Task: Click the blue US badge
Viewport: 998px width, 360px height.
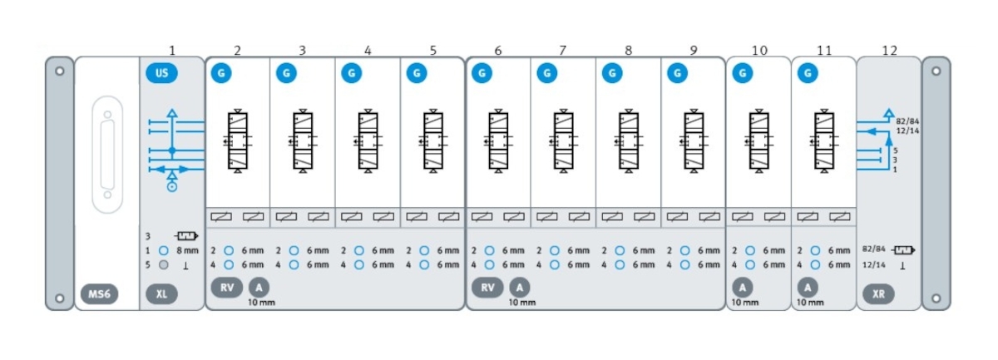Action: tap(162, 73)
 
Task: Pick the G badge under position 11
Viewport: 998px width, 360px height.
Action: tap(807, 73)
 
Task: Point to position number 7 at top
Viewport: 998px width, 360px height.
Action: tap(563, 51)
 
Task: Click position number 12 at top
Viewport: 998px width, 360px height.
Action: tap(889, 51)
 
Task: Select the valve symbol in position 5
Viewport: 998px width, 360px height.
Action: tap(432, 141)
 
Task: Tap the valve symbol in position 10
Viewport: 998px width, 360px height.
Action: tap(758, 141)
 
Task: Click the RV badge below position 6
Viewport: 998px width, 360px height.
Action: tap(487, 287)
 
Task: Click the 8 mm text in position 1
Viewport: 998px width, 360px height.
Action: tap(188, 249)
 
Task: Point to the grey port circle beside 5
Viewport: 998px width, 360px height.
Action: tap(164, 264)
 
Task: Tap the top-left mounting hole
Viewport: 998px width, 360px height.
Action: tap(59, 71)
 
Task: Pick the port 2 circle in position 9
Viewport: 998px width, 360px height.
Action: tap(684, 249)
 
